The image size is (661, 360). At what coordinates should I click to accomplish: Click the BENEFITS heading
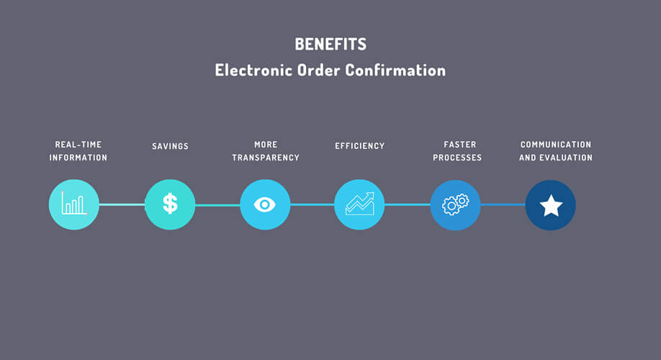[330, 44]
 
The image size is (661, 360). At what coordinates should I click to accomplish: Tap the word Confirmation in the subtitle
[395, 70]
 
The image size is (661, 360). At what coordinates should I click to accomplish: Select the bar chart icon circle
[73, 204]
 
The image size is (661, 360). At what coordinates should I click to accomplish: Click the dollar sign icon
[171, 204]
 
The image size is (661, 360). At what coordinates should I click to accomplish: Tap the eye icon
[265, 205]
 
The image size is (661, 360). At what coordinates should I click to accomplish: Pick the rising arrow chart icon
[359, 204]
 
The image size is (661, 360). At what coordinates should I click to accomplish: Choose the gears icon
[455, 204]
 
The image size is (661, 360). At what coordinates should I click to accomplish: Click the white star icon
[551, 206]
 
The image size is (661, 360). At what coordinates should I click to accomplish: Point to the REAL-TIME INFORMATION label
[78, 151]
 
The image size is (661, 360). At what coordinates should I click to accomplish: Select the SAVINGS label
[171, 146]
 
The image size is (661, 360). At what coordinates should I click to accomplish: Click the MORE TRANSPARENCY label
[266, 151]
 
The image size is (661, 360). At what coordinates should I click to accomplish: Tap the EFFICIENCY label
[359, 146]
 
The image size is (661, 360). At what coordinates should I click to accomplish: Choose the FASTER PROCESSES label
[457, 151]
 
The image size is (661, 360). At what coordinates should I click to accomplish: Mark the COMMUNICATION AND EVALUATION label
[556, 151]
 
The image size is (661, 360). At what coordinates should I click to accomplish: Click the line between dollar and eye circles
[217, 205]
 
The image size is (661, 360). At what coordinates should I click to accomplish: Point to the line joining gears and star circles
[503, 204]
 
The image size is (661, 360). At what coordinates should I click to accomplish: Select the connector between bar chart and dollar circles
[122, 204]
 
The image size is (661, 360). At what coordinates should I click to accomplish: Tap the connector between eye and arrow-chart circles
[312, 204]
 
